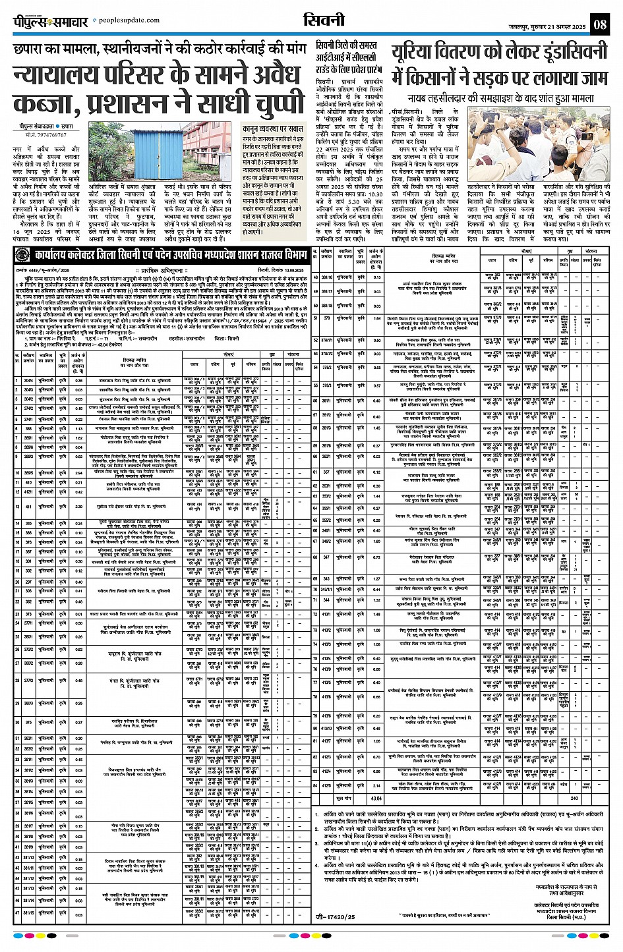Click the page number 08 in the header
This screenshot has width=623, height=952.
600,25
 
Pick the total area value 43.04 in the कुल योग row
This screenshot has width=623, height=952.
376,797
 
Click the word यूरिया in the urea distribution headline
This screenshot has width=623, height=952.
422,53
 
